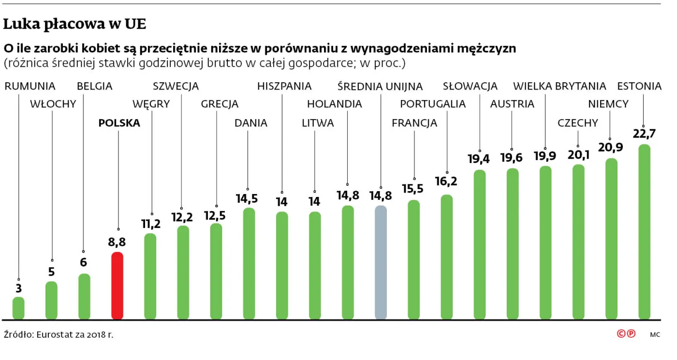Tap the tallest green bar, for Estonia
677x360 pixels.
click(x=644, y=232)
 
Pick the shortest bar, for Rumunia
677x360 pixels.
click(x=18, y=308)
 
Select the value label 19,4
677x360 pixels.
click(x=479, y=159)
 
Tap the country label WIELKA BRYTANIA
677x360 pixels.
click(x=559, y=86)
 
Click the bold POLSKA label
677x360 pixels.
click(x=119, y=123)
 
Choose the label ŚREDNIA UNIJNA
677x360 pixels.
click(x=380, y=86)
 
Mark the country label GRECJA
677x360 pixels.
click(x=220, y=104)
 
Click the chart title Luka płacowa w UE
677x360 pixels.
click(x=74, y=24)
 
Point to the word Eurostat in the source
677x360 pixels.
click(x=53, y=334)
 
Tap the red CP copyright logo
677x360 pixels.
click(x=626, y=334)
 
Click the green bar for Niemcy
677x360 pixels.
click(x=611, y=239)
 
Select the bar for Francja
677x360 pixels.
click(x=413, y=260)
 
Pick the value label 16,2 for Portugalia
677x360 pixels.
click(x=446, y=181)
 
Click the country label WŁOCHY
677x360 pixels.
click(x=53, y=104)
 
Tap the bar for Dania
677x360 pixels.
click(x=249, y=264)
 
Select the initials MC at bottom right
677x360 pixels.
click(x=655, y=334)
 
